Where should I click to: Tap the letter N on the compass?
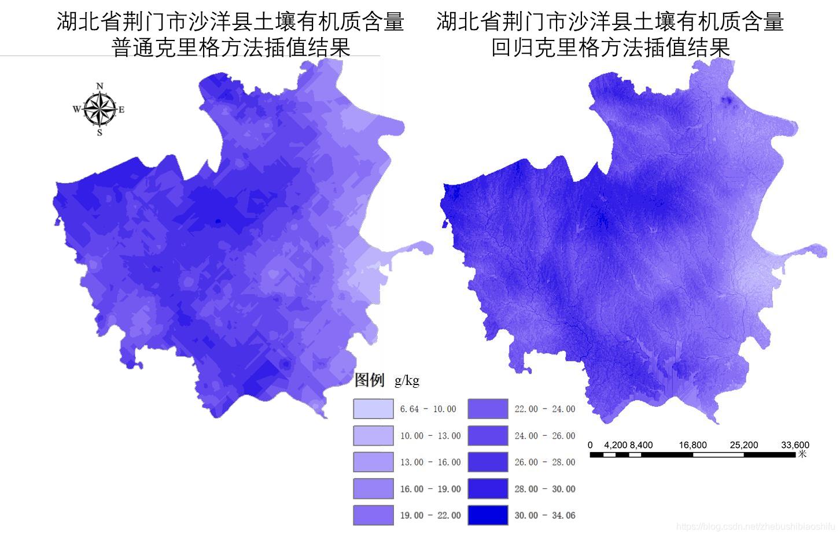coord(100,86)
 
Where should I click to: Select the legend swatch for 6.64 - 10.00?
coord(373,409)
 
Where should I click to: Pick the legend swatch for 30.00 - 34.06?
coord(488,515)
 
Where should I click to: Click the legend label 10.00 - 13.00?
coord(430,436)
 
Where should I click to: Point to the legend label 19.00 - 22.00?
coord(430,516)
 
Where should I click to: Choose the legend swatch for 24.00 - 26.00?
coord(488,435)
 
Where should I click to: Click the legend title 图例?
coord(369,380)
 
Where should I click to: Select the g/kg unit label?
coord(407,381)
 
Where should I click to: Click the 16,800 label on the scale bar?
coord(692,445)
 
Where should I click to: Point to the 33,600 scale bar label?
coord(795,445)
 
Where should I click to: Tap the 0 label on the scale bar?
coord(590,445)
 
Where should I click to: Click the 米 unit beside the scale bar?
coord(802,454)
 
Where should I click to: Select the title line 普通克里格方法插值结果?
coord(231,47)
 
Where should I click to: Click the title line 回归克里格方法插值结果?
coord(610,47)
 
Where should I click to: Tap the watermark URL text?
coord(755,527)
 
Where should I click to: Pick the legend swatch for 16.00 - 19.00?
coord(373,488)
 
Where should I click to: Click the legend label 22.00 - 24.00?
coord(545,409)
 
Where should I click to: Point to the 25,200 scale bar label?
coord(743,445)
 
